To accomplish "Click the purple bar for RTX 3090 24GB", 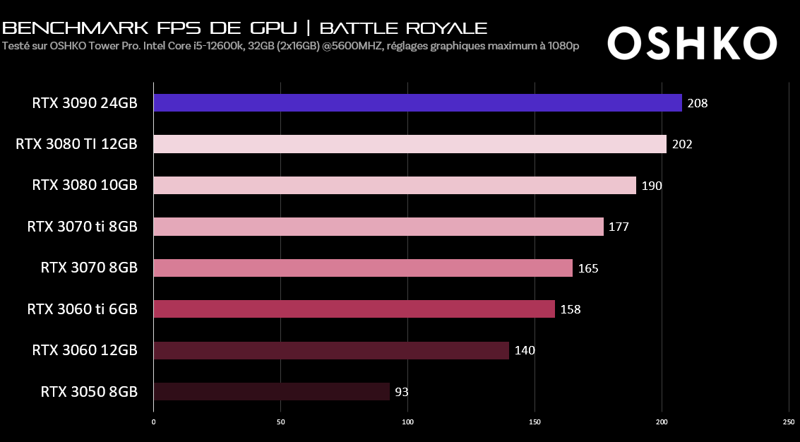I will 417,103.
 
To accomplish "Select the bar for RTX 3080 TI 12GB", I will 410,144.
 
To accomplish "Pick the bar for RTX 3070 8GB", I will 363,268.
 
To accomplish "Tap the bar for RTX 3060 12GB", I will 331,351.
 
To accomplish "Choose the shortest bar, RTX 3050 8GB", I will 271,392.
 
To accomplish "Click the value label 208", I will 698,103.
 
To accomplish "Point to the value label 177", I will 619,227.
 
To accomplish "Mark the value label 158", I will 571,309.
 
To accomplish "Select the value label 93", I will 402,392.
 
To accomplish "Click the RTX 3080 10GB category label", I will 84,185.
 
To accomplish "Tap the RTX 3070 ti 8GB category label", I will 82,227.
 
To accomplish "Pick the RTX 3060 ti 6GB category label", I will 82,309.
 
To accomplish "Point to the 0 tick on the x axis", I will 153,422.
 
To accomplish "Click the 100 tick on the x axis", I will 407,422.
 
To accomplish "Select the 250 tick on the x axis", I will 789,422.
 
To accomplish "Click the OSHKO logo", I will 692,44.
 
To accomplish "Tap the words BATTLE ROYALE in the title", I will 403,28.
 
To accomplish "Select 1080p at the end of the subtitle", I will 564,47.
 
